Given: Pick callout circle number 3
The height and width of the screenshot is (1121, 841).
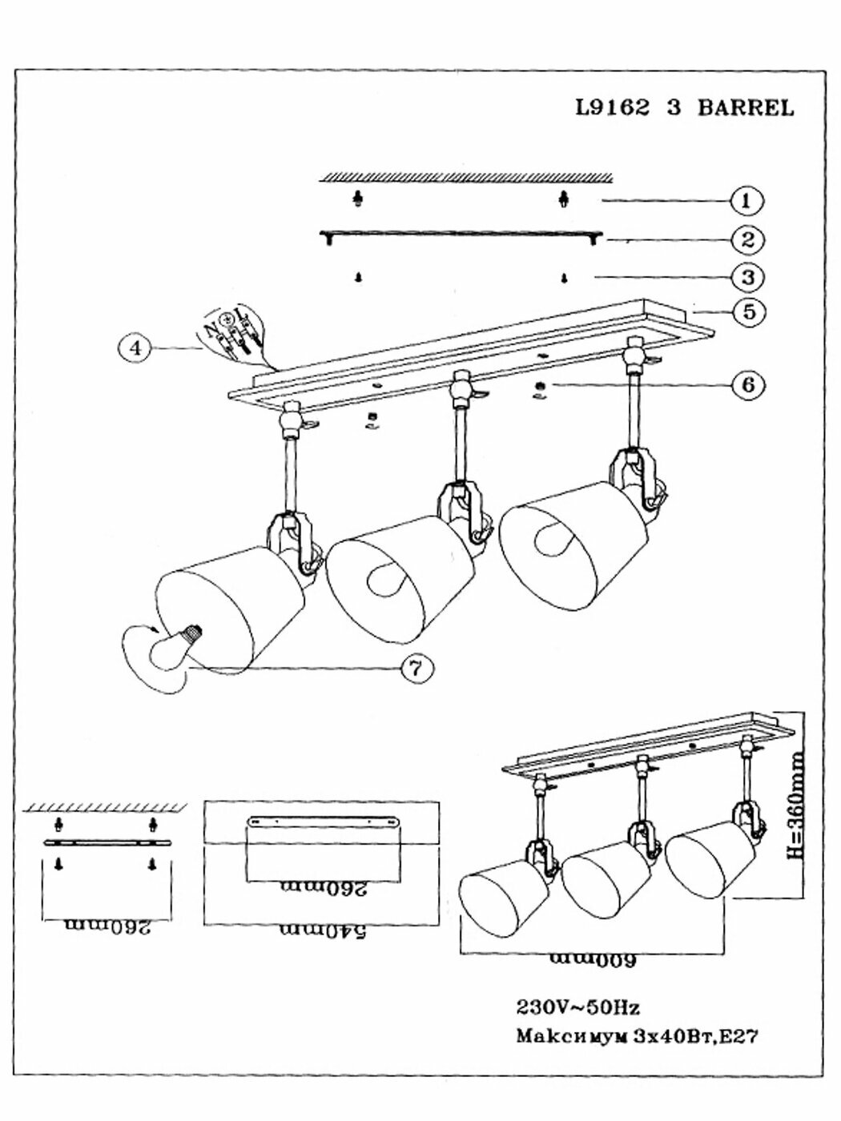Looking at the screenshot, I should (x=746, y=277).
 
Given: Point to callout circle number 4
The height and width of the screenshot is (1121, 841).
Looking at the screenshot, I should (x=137, y=349).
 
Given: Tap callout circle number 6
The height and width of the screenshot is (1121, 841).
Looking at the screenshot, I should (x=746, y=384).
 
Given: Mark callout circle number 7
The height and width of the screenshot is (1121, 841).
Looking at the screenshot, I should (x=414, y=669).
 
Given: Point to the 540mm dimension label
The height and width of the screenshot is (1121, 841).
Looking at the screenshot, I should (x=323, y=932).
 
